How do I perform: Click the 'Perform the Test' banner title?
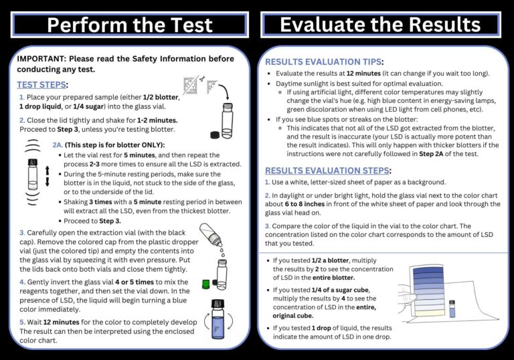coord(131,25)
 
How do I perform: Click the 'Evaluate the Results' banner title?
coord(380,25)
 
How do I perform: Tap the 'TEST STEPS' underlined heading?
coord(42,85)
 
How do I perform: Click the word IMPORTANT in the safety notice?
coord(41,58)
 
